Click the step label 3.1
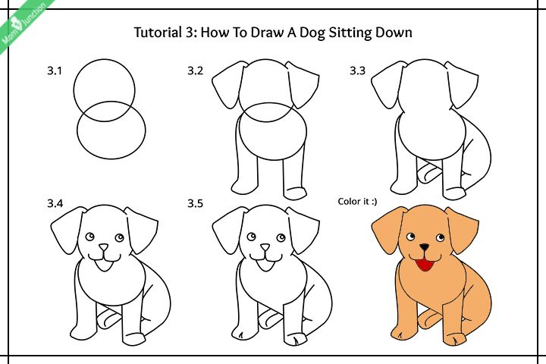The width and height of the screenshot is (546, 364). [55, 71]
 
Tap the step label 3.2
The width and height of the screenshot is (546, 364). [195, 71]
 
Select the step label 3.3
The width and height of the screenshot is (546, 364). [358, 71]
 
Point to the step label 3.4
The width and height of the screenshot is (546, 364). [55, 203]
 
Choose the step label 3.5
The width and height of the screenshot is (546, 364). [195, 203]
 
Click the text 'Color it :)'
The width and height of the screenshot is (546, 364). [357, 201]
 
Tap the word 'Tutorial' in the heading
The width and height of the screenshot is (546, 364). [156, 33]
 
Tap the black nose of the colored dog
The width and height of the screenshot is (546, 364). [424, 247]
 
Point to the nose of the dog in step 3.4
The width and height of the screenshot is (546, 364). [103, 247]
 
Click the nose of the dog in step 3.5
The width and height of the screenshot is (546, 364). [265, 247]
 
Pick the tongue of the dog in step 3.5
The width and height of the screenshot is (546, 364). [265, 265]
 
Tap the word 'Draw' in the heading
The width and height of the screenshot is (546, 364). [268, 33]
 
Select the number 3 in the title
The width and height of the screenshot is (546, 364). [188, 33]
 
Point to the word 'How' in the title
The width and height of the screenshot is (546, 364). [213, 33]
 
